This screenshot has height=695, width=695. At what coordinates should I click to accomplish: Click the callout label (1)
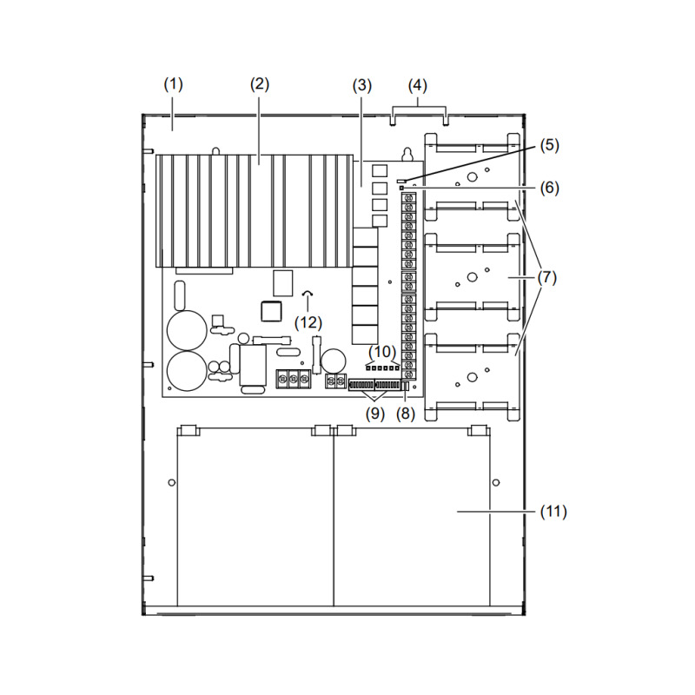tap(173, 84)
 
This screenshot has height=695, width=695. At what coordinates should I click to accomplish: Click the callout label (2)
tap(260, 84)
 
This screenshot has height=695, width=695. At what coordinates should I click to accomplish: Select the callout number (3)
tap(362, 85)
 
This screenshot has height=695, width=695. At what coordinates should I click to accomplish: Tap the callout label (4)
tap(418, 85)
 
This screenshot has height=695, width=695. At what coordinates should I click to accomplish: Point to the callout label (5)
tap(550, 145)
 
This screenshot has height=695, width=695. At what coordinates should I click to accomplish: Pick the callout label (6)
tap(550, 188)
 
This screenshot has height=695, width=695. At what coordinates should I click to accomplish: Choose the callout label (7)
tap(547, 278)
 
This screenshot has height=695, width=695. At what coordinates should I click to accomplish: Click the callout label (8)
tap(406, 414)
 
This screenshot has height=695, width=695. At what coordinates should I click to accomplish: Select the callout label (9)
tap(375, 414)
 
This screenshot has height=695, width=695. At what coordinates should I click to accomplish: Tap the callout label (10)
tap(382, 352)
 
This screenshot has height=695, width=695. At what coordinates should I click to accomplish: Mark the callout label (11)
tap(553, 512)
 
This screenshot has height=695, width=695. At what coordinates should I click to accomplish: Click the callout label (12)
tap(308, 322)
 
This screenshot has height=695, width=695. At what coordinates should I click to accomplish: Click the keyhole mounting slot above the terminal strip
tap(407, 156)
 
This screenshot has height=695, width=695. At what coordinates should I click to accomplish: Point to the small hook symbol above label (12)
tap(308, 294)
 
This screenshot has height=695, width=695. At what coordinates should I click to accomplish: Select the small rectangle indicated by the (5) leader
tap(401, 181)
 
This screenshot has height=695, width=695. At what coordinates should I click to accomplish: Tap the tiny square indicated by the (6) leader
tap(402, 188)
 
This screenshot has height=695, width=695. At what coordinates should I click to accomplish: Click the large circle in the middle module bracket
tap(472, 277)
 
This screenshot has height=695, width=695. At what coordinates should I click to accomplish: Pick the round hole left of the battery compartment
tap(171, 482)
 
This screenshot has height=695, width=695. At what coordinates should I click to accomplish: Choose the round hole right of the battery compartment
tap(496, 482)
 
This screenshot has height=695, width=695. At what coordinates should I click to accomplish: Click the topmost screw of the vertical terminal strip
tap(408, 197)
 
